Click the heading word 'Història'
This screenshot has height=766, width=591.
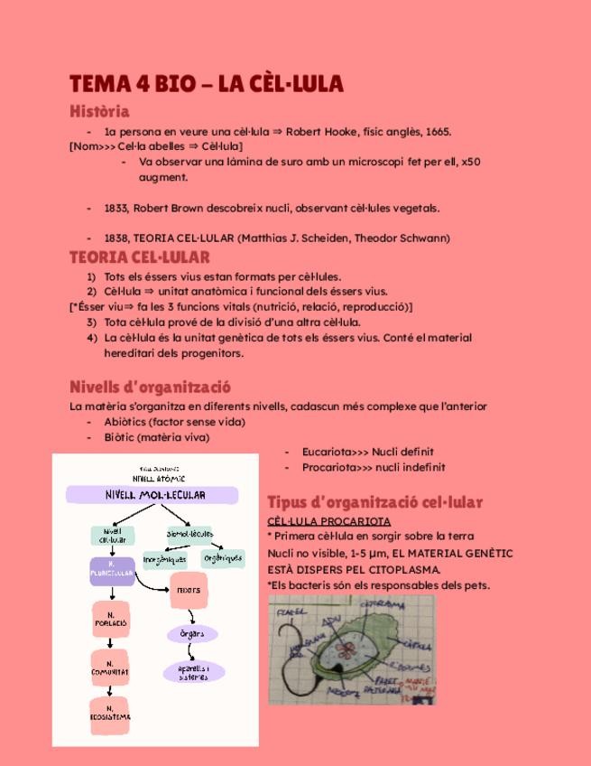tap(99, 112)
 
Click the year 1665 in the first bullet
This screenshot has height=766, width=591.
tap(437, 132)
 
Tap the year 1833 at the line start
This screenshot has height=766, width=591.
tap(115, 208)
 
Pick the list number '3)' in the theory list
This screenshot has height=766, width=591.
tap(91, 322)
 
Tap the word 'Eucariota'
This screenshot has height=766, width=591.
tap(328, 452)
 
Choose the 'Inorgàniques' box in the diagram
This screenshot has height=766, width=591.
tap(164, 559)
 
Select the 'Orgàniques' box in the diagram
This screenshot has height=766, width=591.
tap(223, 558)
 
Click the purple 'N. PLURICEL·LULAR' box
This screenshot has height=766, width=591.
tap(112, 571)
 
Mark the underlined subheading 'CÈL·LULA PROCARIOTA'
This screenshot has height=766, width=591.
tap(328, 521)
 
